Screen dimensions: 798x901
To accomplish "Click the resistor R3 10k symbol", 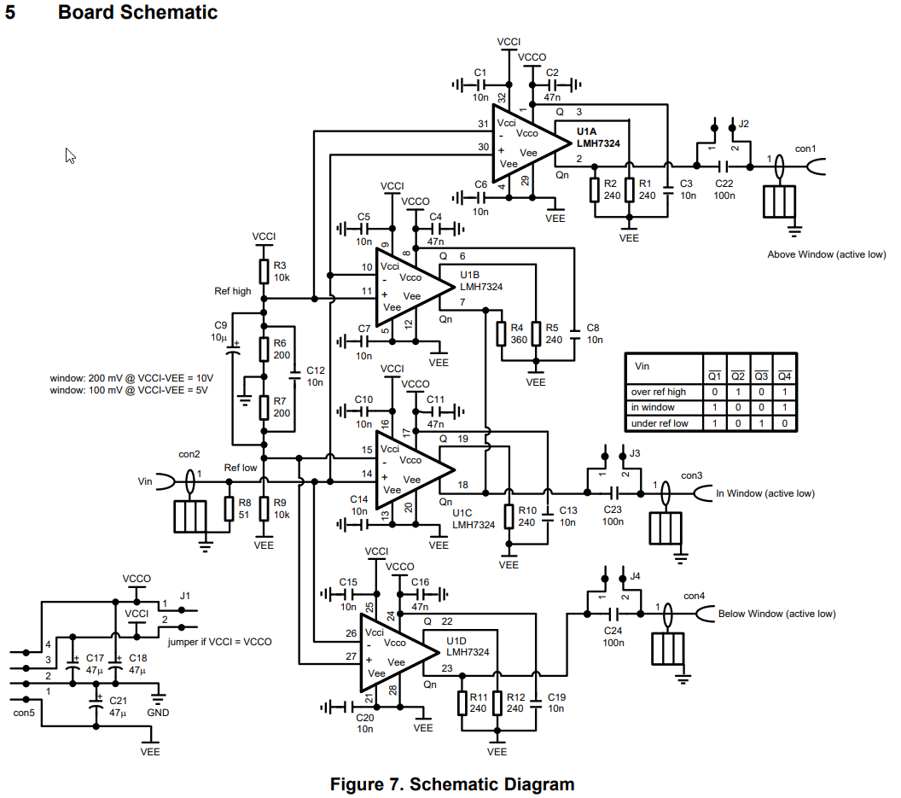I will pos(264,271).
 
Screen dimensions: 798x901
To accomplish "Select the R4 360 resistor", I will pos(500,334).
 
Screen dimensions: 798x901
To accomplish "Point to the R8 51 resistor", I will pos(230,510).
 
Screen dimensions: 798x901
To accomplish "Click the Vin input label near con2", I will pos(145,481).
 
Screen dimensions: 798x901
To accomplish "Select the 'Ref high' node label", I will pos(232,291).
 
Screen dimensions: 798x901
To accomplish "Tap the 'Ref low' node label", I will pos(241,468).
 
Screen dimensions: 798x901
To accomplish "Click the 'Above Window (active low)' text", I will pos(825,254).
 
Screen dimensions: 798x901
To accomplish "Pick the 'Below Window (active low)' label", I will pos(776,614).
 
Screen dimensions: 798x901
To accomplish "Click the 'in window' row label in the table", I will pos(653,407).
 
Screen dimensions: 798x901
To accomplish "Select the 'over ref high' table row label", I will pos(658,392).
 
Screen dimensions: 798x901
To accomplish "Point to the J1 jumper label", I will pos(185,596).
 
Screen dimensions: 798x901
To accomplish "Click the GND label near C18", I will pos(158,712).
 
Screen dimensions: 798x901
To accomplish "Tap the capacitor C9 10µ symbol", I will pos(232,346).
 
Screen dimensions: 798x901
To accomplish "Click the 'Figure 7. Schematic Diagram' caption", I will pos(452,783).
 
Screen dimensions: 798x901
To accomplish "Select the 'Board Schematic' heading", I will pos(137,13).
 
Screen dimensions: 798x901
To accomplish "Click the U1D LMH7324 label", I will pos(468,645).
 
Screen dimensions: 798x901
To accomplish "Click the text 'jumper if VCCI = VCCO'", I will pos(221,642).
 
